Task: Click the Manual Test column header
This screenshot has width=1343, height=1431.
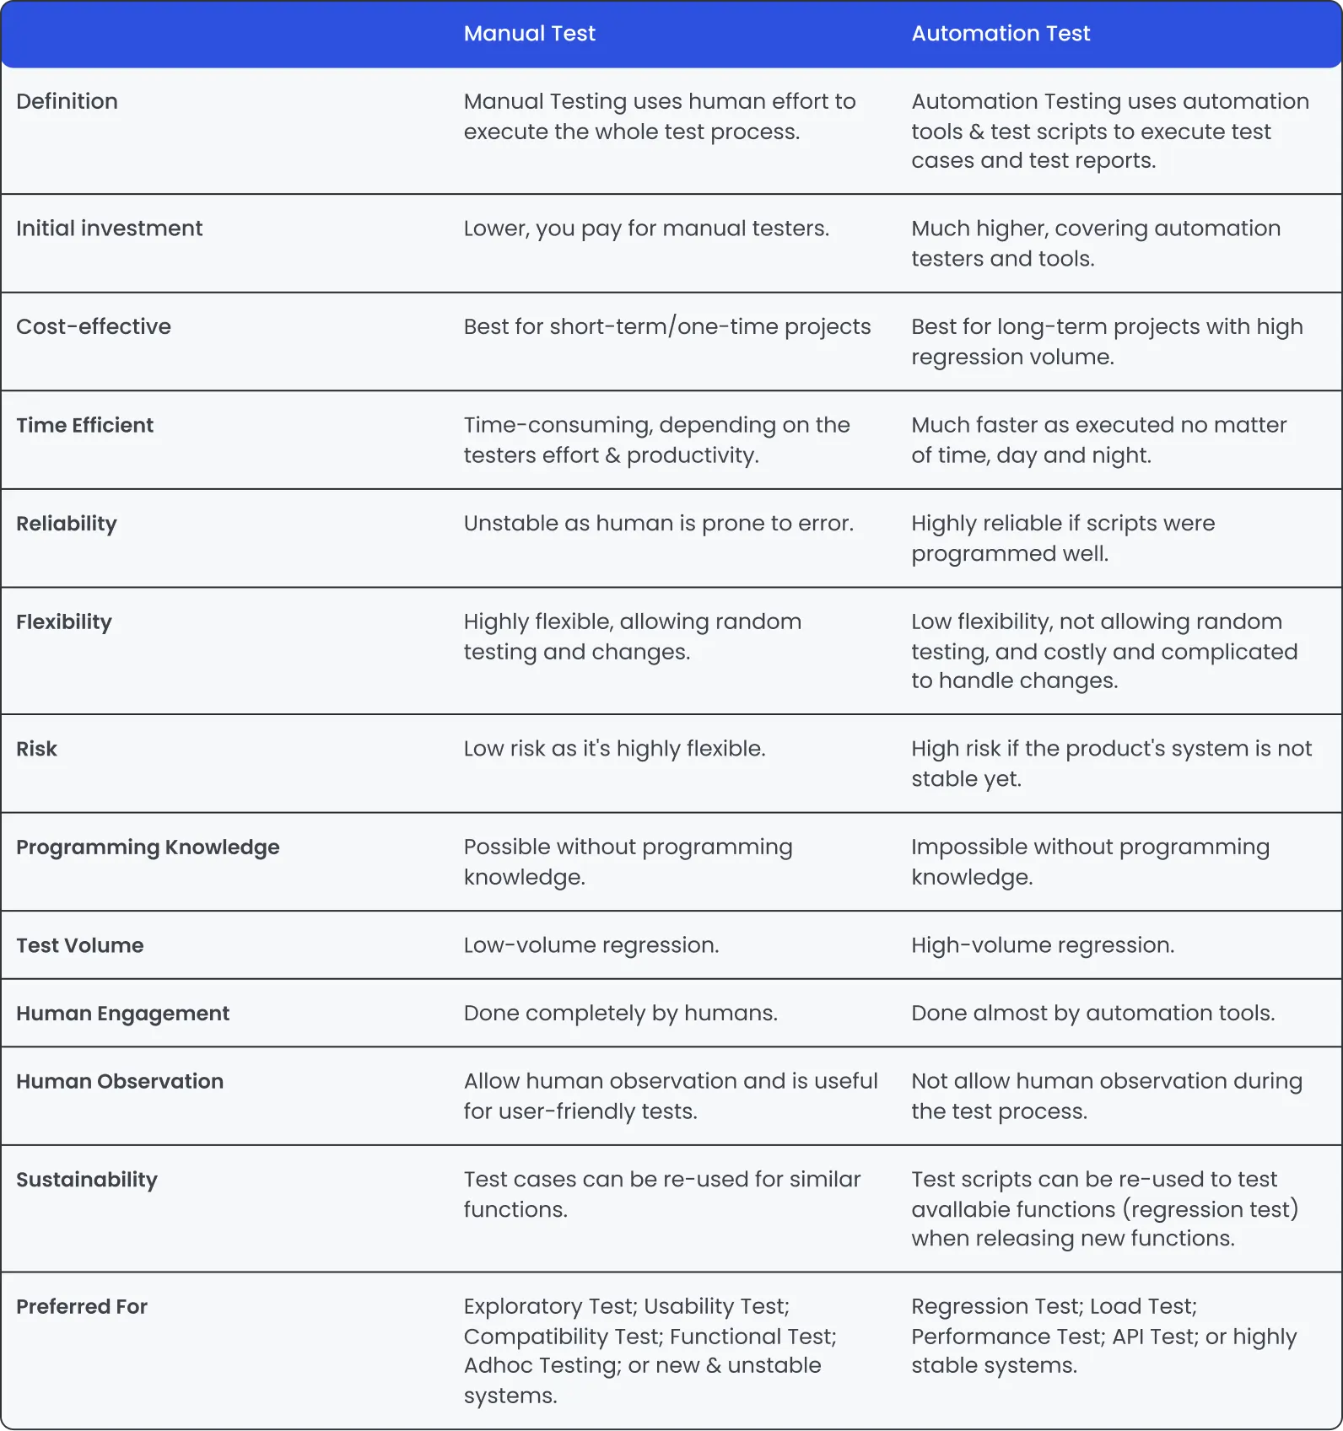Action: [x=529, y=34]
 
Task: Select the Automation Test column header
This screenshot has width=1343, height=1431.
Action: [x=1001, y=34]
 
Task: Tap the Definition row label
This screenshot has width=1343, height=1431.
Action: [x=67, y=101]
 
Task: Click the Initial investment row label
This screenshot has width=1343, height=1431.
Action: [x=110, y=229]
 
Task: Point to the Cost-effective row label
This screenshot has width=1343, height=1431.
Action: [x=94, y=326]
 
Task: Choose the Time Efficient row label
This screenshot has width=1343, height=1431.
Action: [x=85, y=425]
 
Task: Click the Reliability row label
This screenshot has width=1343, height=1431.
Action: [x=67, y=524]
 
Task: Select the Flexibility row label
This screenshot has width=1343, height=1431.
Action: [x=64, y=622]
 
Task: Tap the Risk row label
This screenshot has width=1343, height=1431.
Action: [x=37, y=749]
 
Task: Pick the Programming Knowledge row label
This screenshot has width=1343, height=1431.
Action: [x=148, y=847]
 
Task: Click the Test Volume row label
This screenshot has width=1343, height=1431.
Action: [x=80, y=945]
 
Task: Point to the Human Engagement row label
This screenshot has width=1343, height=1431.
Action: [x=123, y=1014]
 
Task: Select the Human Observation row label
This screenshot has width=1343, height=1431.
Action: [x=120, y=1081]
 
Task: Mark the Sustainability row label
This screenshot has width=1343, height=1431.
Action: [x=87, y=1180]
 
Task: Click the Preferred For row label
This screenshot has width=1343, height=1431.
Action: [x=82, y=1307]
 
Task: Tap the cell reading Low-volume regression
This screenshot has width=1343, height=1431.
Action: [x=591, y=945]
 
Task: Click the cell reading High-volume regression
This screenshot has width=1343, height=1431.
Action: [x=1043, y=945]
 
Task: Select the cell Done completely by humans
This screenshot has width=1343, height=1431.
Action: [x=621, y=1014]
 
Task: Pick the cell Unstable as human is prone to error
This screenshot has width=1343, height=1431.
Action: [x=659, y=524]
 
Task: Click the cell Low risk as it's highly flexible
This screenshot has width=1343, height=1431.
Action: [x=615, y=749]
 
